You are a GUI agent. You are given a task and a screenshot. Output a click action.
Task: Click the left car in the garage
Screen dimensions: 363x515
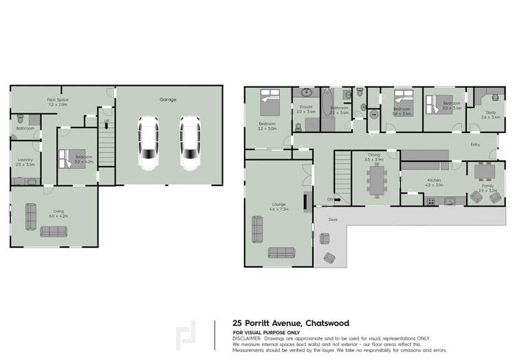pyautogui.click(x=149, y=142)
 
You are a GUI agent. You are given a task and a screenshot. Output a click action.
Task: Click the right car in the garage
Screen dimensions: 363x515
pyautogui.click(x=190, y=142)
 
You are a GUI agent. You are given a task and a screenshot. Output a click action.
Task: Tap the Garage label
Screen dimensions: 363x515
pyautogui.click(x=168, y=100)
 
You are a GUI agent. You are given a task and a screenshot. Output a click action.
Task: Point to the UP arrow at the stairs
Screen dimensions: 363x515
pyautogui.click(x=106, y=121)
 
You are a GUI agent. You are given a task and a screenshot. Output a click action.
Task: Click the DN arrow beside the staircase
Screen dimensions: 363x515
pyautogui.click(x=330, y=200)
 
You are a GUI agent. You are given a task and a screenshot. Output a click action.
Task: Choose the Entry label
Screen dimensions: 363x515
pyautogui.click(x=474, y=145)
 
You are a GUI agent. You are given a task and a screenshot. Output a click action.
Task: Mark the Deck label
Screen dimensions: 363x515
pyautogui.click(x=333, y=220)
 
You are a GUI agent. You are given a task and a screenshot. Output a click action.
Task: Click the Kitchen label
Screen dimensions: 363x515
pyautogui.click(x=432, y=180)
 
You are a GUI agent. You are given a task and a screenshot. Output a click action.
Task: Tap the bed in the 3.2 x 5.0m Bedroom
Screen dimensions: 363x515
pyautogui.click(x=267, y=106)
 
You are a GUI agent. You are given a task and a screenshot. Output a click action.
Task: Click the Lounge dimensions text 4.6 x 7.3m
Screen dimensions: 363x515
pyautogui.click(x=278, y=208)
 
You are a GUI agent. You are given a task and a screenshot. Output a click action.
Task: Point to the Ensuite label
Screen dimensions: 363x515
pyautogui.click(x=306, y=106)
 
